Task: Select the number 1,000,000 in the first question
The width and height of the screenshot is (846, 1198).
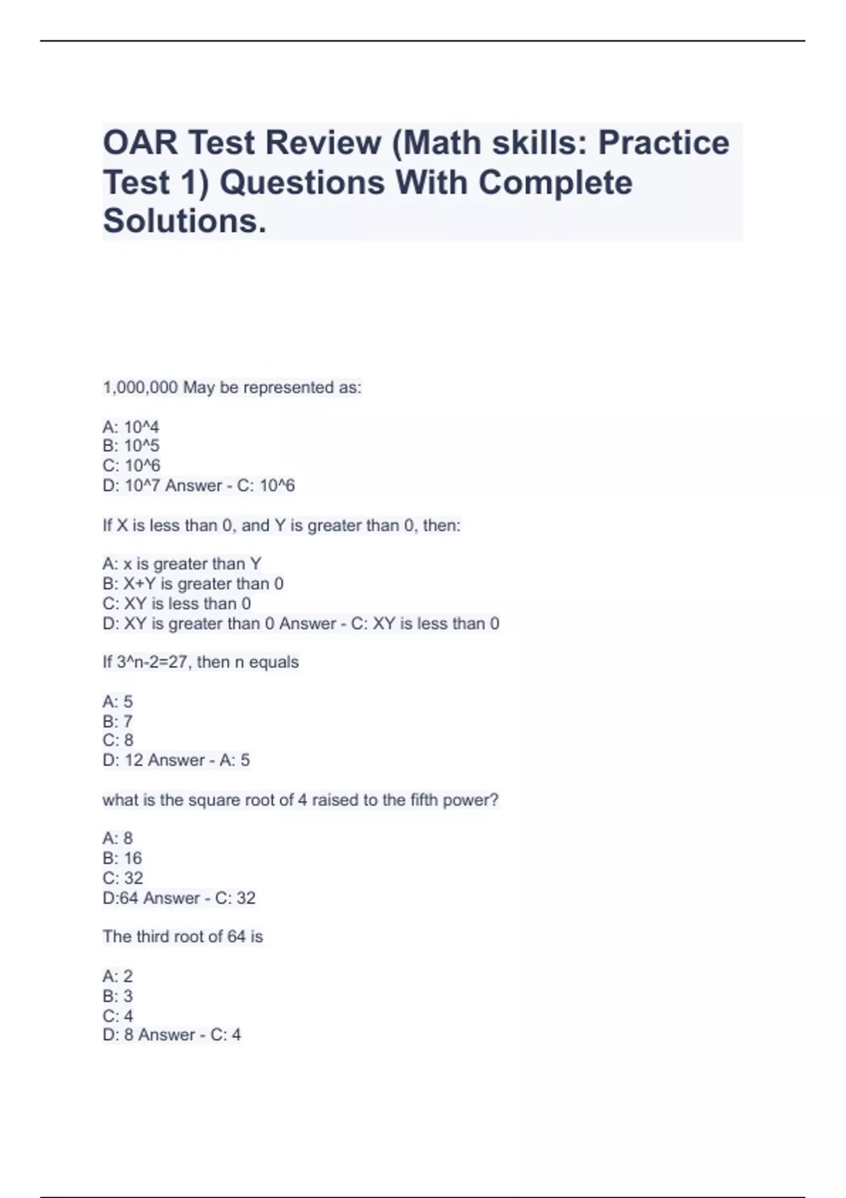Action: [x=140, y=388]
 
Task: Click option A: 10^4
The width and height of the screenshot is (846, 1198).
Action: [x=131, y=427]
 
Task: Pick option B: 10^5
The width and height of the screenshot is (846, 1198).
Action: [x=131, y=446]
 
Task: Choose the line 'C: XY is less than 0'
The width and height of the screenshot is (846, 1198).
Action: [x=176, y=604]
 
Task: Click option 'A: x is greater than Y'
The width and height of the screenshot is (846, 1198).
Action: [x=182, y=564]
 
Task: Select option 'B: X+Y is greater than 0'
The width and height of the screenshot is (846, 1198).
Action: [x=193, y=584]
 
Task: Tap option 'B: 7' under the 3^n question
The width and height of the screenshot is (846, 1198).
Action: [x=118, y=722]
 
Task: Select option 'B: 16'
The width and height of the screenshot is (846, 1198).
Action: [x=123, y=858]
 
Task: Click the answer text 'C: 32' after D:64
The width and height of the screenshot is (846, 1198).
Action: [x=235, y=898]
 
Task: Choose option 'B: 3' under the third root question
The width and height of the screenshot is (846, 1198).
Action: [x=118, y=996]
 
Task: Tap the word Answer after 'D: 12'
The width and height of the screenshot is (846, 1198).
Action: [x=176, y=760]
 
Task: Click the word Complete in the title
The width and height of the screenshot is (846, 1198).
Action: [x=556, y=183]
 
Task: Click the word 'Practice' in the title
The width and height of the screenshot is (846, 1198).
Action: [x=663, y=143]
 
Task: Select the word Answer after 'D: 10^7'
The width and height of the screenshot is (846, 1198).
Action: [x=194, y=486]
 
